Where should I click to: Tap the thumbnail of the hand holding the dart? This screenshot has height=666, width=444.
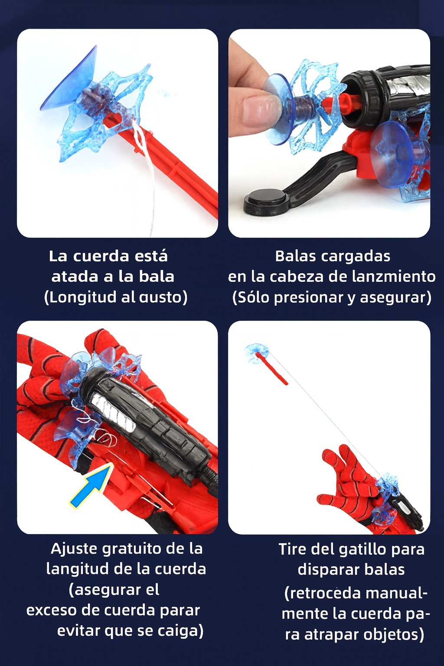click(x=329, y=133)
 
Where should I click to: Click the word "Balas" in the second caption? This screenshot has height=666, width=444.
click(x=295, y=256)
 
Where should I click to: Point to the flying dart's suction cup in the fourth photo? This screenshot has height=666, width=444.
click(x=256, y=353)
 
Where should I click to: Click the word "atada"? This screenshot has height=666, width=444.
click(x=75, y=277)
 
